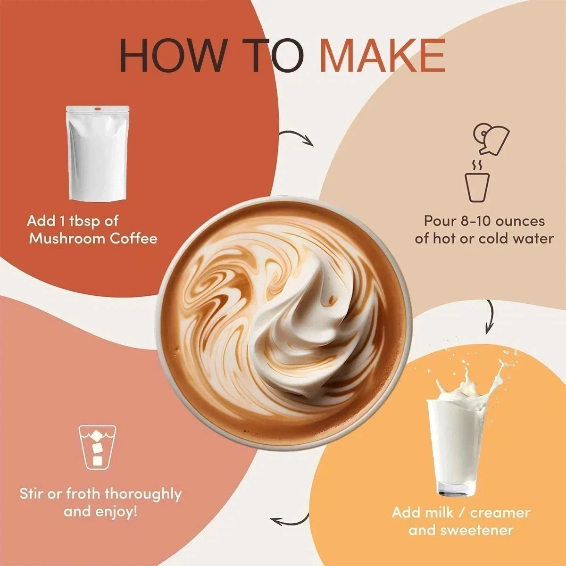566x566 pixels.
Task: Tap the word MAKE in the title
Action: [383, 55]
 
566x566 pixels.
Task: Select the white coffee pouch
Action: [98, 153]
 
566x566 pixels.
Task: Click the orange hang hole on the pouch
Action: [98, 109]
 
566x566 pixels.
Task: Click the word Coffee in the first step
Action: [133, 239]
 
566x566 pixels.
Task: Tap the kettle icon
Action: [491, 139]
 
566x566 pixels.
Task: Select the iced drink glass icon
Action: [97, 447]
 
